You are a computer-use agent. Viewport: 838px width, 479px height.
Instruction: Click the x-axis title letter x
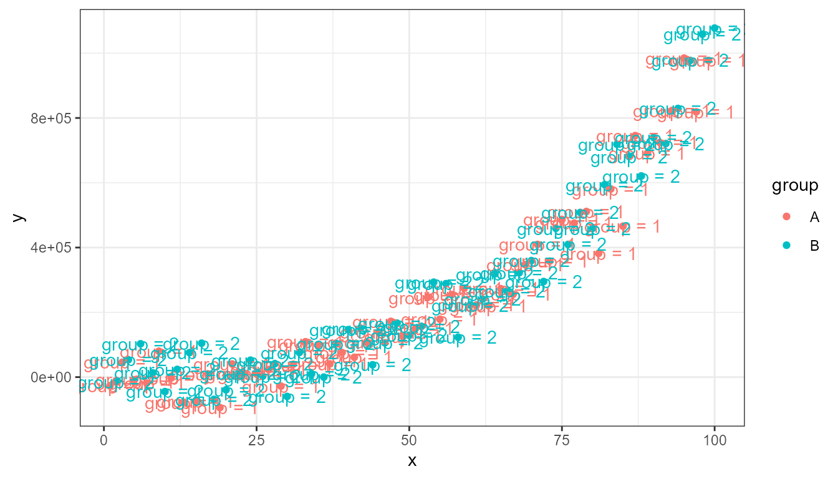click(x=412, y=461)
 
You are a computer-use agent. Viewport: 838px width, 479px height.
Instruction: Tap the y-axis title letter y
click(x=18, y=218)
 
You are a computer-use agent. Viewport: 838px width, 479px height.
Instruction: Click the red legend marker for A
click(x=786, y=217)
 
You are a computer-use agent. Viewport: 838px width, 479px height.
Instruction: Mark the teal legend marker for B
click(x=786, y=246)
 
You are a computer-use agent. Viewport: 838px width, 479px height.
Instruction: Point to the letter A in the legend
click(x=814, y=217)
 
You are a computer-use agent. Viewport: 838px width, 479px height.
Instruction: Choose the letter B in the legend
click(x=814, y=246)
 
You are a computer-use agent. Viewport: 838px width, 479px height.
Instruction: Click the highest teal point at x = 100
click(x=715, y=29)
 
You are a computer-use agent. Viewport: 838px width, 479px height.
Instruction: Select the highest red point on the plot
click(x=684, y=59)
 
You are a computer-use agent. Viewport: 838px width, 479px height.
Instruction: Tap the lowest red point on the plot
click(x=220, y=408)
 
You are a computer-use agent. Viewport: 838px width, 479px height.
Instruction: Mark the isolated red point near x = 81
click(x=599, y=253)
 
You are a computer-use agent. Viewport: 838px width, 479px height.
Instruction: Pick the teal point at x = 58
click(x=458, y=337)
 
